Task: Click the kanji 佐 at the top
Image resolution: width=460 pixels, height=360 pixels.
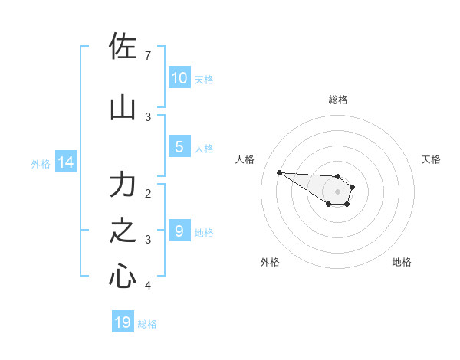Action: [x=123, y=48]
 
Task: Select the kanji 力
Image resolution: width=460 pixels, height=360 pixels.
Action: [x=123, y=186]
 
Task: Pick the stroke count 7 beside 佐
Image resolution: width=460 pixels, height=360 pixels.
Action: [x=148, y=56]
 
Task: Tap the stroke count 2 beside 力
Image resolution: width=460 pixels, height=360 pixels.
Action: [x=148, y=193]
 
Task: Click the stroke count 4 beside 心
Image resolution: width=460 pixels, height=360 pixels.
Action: [x=148, y=286]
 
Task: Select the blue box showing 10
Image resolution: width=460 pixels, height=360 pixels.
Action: [x=179, y=78]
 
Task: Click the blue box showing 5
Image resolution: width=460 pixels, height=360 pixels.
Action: [x=179, y=147]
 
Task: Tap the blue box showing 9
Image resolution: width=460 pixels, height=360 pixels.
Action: [x=179, y=231]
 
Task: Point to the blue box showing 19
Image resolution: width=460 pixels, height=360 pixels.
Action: [x=123, y=322]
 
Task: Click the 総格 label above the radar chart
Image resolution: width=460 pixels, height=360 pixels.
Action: [x=338, y=100]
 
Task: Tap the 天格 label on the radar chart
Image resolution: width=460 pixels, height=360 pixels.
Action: [x=431, y=159]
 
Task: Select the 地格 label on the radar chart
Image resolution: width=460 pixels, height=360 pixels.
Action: [x=402, y=262]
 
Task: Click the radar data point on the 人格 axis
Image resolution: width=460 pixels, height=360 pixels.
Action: [x=279, y=172]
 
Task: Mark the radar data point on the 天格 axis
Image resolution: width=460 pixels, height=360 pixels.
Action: [x=353, y=187]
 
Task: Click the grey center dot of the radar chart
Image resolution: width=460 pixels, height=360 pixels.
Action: [x=337, y=191]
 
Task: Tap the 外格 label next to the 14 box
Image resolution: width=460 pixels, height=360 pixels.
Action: [x=41, y=163]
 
